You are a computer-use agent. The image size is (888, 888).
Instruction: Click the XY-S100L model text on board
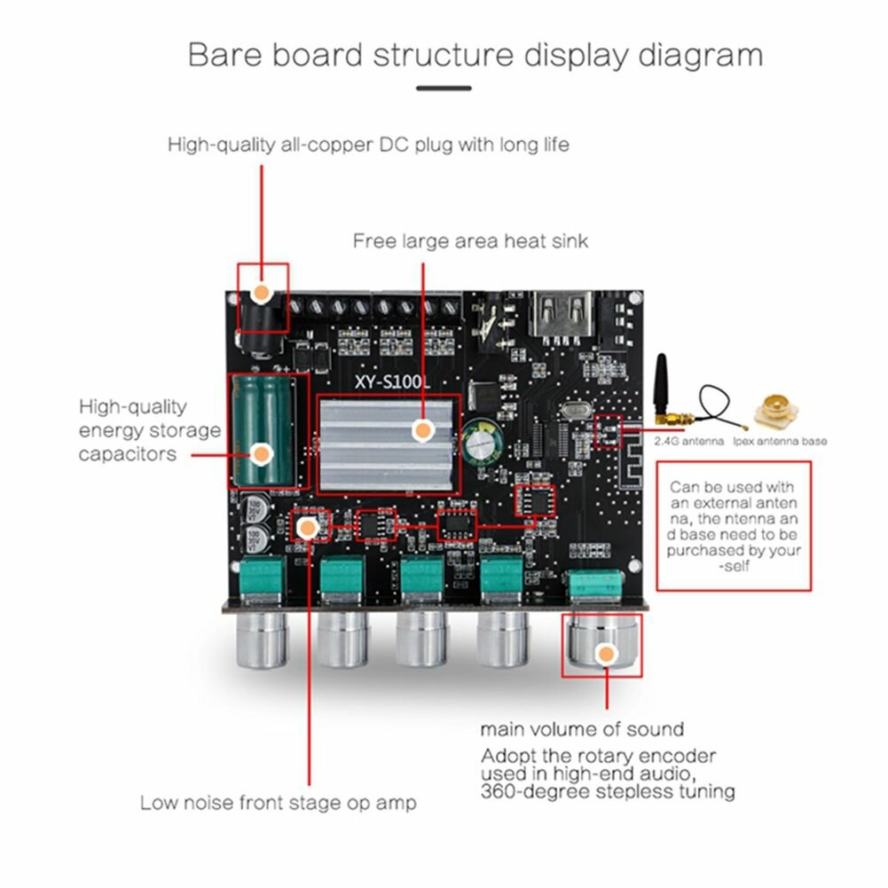coord(389,380)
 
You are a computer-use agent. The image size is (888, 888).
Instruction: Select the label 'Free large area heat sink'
coord(470,240)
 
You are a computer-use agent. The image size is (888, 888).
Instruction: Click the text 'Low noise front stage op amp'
coord(278,803)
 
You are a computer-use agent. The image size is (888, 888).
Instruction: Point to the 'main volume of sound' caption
coord(582,729)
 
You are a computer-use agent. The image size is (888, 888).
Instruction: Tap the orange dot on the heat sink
coord(423,431)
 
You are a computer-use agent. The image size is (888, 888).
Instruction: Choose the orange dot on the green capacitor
coord(260,453)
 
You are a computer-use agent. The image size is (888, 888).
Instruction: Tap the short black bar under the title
coord(444,88)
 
